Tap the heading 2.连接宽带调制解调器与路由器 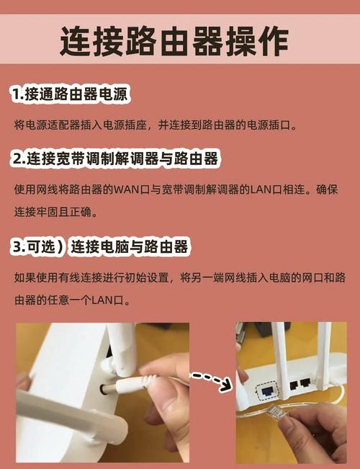coord(114,158)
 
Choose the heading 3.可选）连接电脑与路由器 coord(100,247)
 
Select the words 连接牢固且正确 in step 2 coord(59,213)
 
